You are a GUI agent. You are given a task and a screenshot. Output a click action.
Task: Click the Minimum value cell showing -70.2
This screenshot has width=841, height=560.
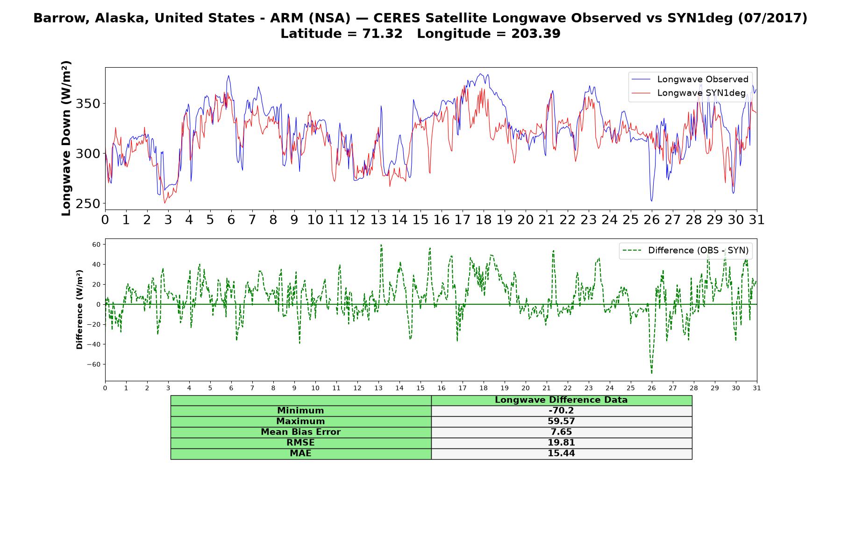(561, 411)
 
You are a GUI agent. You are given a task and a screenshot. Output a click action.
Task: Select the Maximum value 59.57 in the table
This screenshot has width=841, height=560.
(561, 421)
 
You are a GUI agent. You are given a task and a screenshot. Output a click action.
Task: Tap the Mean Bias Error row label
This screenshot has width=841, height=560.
(300, 432)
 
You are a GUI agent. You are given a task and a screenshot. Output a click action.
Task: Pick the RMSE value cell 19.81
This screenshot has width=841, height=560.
(561, 443)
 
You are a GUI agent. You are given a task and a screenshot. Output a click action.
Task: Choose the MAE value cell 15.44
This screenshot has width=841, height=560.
(561, 454)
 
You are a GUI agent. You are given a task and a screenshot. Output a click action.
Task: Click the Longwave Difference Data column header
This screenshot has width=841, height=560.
(561, 400)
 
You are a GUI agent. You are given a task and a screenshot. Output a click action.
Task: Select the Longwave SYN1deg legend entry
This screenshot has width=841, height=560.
(689, 93)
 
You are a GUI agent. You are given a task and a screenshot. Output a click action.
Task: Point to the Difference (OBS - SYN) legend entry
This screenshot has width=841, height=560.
(685, 251)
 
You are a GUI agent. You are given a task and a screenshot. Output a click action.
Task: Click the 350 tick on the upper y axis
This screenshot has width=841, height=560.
(88, 104)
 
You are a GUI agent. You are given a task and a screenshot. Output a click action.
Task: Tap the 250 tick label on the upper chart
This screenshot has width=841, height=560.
(88, 204)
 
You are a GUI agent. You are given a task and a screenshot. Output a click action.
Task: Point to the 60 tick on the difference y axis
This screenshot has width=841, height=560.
(97, 244)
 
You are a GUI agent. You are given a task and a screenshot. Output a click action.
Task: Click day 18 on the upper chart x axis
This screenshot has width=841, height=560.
(484, 219)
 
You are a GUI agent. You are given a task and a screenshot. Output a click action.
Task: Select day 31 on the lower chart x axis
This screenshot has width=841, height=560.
(757, 388)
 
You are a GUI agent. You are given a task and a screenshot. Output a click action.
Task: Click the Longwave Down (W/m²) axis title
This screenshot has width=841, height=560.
(66, 138)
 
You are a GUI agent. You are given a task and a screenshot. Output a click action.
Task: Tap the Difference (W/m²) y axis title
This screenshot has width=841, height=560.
(79, 309)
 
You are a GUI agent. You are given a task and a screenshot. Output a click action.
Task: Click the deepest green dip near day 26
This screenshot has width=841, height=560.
(652, 373)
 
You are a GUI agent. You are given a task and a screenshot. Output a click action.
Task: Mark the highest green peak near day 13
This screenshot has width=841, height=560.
(381, 245)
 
